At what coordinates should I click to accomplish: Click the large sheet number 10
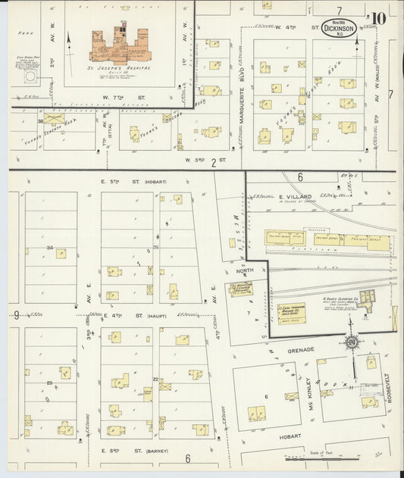(x=379, y=18)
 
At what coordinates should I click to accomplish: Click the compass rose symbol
(x=352, y=345)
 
